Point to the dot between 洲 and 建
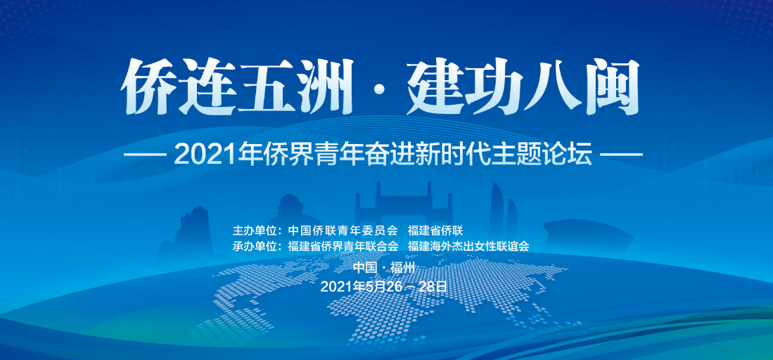click(x=381, y=91)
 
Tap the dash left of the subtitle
click(x=144, y=155)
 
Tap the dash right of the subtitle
click(x=622, y=155)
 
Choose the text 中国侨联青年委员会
click(x=343, y=231)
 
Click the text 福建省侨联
click(x=435, y=231)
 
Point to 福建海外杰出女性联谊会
click(x=468, y=246)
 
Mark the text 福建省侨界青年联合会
click(x=343, y=246)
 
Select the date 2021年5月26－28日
click(x=385, y=286)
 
